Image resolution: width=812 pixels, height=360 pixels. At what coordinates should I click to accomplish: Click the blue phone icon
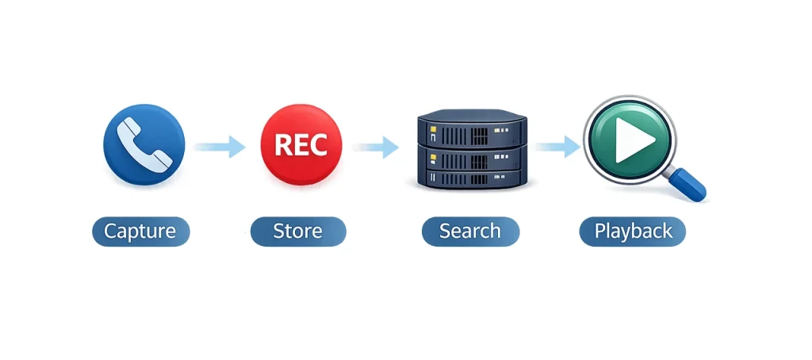(x=144, y=144)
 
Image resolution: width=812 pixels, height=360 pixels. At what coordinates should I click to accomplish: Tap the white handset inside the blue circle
(x=144, y=144)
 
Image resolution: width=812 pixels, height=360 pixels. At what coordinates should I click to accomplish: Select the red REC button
(x=301, y=144)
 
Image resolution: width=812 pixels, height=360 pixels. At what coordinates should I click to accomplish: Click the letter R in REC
(x=281, y=144)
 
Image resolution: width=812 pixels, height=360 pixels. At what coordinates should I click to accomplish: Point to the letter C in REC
(x=320, y=144)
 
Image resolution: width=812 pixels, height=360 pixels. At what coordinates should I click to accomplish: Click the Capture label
(x=140, y=232)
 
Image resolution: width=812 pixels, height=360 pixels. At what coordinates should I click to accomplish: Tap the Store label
(x=298, y=232)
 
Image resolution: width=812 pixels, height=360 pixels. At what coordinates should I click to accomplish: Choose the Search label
(x=469, y=232)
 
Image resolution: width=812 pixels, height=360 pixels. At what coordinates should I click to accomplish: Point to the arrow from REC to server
(x=377, y=146)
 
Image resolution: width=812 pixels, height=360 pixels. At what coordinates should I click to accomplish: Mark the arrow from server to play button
(x=557, y=146)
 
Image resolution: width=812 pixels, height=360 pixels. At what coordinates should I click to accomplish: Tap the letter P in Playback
(x=599, y=232)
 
